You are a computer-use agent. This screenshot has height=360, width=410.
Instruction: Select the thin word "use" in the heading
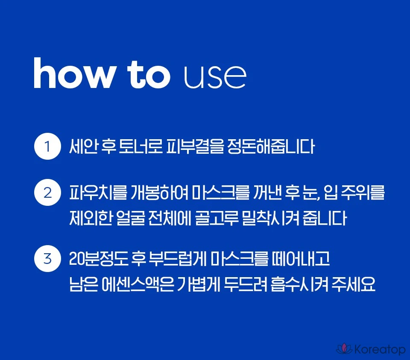click(x=215, y=77)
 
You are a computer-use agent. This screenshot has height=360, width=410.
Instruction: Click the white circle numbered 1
click(x=47, y=146)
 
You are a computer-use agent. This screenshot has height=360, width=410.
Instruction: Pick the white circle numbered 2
click(x=47, y=193)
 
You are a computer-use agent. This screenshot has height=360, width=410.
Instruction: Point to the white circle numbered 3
click(x=47, y=258)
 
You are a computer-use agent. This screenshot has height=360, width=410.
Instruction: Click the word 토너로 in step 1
click(x=141, y=146)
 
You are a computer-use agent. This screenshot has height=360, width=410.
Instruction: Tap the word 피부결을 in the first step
click(x=195, y=146)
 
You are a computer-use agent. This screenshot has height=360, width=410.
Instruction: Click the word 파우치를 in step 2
click(x=98, y=193)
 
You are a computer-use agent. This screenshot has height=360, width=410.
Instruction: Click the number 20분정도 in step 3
click(x=99, y=258)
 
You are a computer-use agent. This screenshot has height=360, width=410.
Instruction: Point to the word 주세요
click(x=353, y=284)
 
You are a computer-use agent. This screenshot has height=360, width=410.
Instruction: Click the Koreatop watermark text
click(x=380, y=349)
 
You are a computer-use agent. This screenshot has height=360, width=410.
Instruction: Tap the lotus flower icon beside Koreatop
click(x=344, y=349)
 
